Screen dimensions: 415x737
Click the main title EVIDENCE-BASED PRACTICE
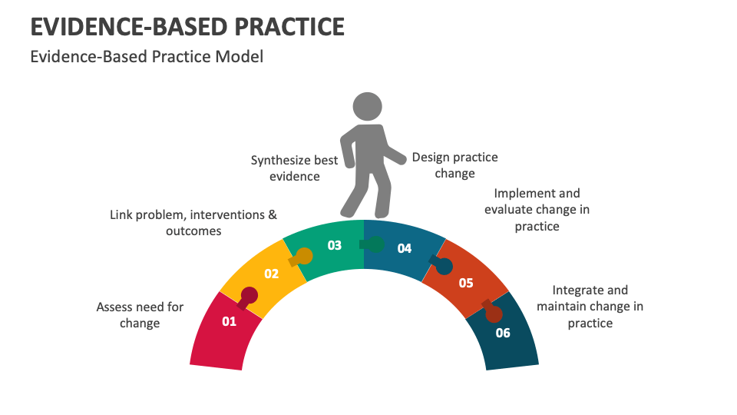tap(187, 26)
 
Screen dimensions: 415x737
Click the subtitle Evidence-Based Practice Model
tap(146, 56)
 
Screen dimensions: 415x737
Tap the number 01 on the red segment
tap(229, 321)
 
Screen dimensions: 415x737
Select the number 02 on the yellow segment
tap(271, 274)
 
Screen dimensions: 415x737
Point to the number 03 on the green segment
tap(335, 245)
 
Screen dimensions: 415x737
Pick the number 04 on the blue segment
tap(404, 248)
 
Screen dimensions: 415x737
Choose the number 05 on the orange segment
tap(466, 282)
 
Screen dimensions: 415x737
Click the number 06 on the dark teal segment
tap(503, 333)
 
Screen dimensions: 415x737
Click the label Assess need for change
tap(140, 315)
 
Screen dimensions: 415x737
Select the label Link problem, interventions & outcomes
tap(193, 223)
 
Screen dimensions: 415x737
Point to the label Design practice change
tap(454, 165)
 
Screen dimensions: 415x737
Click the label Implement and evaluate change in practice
tap(537, 210)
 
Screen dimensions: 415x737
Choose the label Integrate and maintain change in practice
tap(590, 307)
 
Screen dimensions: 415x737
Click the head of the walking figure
tap(367, 107)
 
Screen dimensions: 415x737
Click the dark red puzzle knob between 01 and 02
tap(249, 296)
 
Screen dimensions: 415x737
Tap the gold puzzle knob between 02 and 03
tap(303, 256)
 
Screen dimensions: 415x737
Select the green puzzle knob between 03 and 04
tap(375, 244)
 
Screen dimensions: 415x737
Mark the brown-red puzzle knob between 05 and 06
tap(493, 313)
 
